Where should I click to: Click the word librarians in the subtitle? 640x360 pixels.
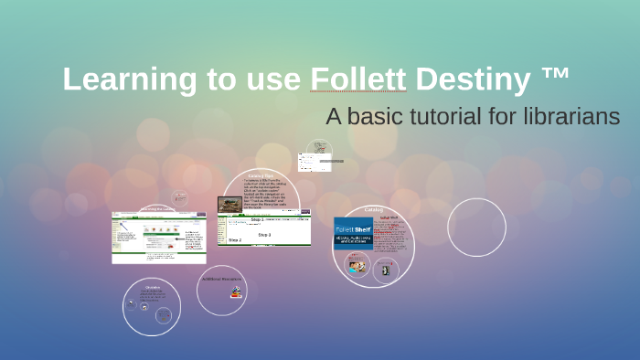point(573,117)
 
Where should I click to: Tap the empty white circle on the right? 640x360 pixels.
point(476,228)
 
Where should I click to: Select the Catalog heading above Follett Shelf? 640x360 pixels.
point(373,209)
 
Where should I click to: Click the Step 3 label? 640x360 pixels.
point(263,235)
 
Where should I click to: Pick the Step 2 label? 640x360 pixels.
point(235,240)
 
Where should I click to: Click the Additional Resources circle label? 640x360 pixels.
point(222,279)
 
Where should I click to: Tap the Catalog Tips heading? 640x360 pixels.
point(261,175)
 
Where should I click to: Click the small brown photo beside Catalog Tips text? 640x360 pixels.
point(229,205)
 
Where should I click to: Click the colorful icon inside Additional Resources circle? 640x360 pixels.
point(236,293)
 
